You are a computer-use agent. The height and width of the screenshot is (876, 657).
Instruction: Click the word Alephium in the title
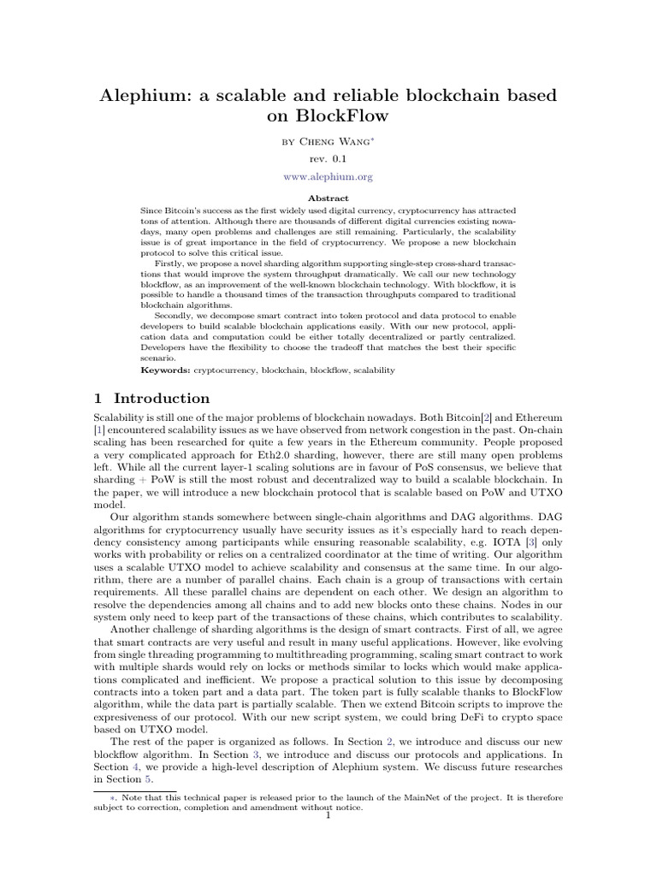coord(149,96)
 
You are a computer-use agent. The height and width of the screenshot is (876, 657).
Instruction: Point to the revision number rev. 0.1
coord(328,158)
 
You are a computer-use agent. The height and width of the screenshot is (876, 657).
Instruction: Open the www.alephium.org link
coord(328,177)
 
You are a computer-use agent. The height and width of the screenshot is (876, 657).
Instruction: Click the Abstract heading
coord(328,198)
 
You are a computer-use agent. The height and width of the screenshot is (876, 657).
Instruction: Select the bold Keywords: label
coord(165,370)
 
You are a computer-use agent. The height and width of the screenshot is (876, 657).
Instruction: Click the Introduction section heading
coord(162,399)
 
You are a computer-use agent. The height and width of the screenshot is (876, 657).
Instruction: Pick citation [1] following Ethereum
coord(98,428)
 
